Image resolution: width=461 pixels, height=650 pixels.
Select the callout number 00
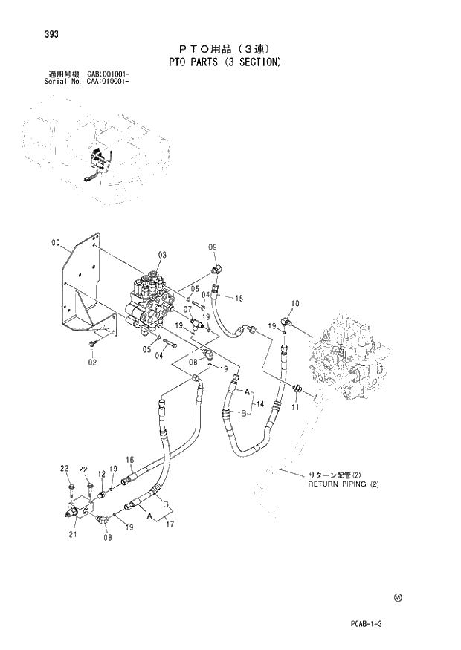pyautogui.click(x=56, y=243)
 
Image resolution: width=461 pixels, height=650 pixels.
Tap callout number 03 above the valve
pyautogui.click(x=162, y=255)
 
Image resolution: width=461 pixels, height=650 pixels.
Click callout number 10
pyautogui.click(x=294, y=303)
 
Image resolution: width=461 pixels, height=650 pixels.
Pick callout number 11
pyautogui.click(x=295, y=408)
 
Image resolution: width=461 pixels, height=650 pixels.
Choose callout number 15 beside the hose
pyautogui.click(x=239, y=299)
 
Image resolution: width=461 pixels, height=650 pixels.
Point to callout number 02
pyautogui.click(x=93, y=363)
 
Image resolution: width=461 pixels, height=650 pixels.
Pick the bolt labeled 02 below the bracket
pyautogui.click(x=92, y=344)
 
